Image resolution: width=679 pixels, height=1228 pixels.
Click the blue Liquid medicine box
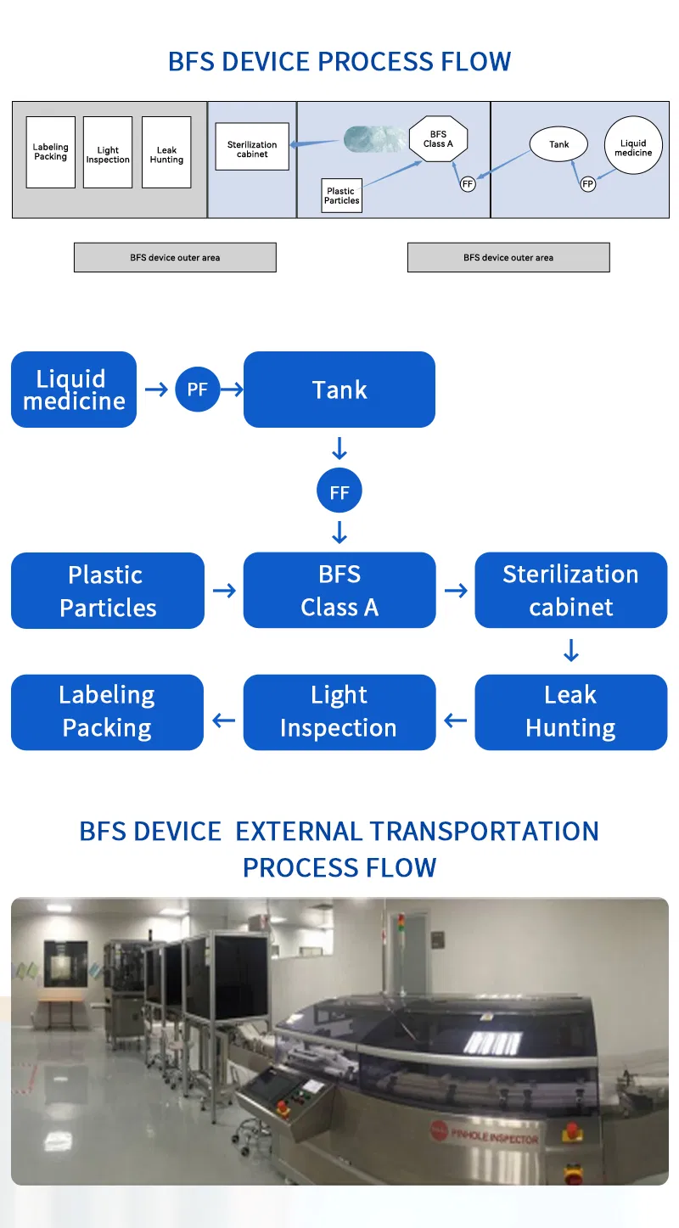[74, 390]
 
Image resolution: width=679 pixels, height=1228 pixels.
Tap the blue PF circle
[197, 390]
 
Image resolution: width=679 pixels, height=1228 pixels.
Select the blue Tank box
[339, 390]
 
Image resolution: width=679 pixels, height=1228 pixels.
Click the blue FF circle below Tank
[339, 492]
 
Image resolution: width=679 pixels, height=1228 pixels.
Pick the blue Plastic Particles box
[108, 591]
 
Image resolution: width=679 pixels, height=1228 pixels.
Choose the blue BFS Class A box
[339, 591]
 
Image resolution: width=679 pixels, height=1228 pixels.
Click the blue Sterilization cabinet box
[570, 591]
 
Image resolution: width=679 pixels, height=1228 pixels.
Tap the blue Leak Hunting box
[570, 712]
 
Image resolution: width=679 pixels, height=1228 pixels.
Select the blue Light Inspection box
[339, 712]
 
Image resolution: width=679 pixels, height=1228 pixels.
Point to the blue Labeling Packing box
[108, 712]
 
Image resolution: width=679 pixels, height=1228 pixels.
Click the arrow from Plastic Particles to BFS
[224, 591]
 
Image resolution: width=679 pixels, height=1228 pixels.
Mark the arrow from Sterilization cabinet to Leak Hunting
[571, 651]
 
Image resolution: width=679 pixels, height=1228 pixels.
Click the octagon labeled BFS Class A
[438, 139]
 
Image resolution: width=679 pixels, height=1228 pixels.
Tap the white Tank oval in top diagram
[558, 144]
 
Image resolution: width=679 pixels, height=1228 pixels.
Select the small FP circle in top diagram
[587, 183]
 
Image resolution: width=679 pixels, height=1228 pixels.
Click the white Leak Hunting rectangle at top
[166, 153]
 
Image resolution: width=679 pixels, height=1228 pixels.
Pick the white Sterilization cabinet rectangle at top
[252, 147]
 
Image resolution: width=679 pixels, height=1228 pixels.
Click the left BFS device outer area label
[175, 257]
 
